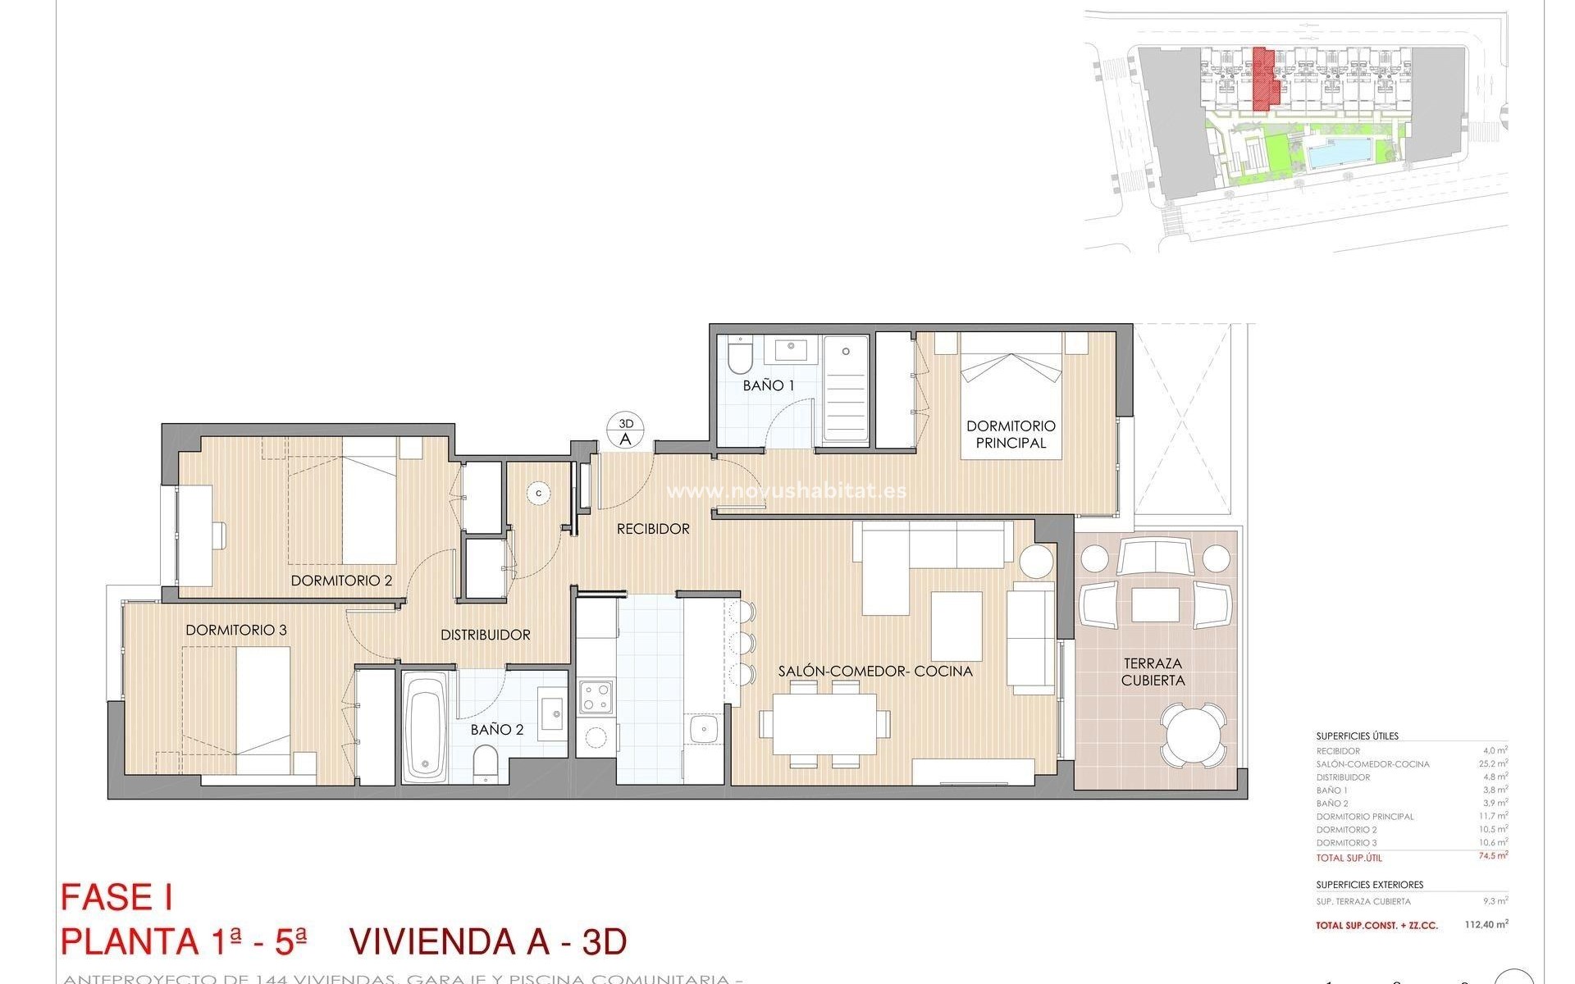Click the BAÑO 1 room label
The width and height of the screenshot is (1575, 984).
tap(768, 385)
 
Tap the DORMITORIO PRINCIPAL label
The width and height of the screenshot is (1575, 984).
tap(1011, 435)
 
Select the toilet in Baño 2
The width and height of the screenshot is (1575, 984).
tap(485, 762)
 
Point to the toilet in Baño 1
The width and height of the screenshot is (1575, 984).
tap(737, 355)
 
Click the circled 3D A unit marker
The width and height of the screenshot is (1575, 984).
tap(626, 431)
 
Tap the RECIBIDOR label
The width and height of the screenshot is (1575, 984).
tap(653, 529)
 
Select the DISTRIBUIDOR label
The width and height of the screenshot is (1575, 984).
tap(485, 635)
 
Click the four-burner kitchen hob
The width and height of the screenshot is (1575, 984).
tap(596, 697)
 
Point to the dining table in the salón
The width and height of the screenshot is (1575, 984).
tap(824, 724)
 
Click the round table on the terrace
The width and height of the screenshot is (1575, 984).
tap(1195, 734)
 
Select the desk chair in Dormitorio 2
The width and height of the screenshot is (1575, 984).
tap(218, 535)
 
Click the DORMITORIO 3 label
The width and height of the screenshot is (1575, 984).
tap(235, 631)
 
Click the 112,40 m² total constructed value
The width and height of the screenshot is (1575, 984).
tap(1486, 924)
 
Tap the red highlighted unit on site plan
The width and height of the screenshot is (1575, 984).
tap(1264, 80)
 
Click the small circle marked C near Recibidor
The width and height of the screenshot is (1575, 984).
tap(539, 493)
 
